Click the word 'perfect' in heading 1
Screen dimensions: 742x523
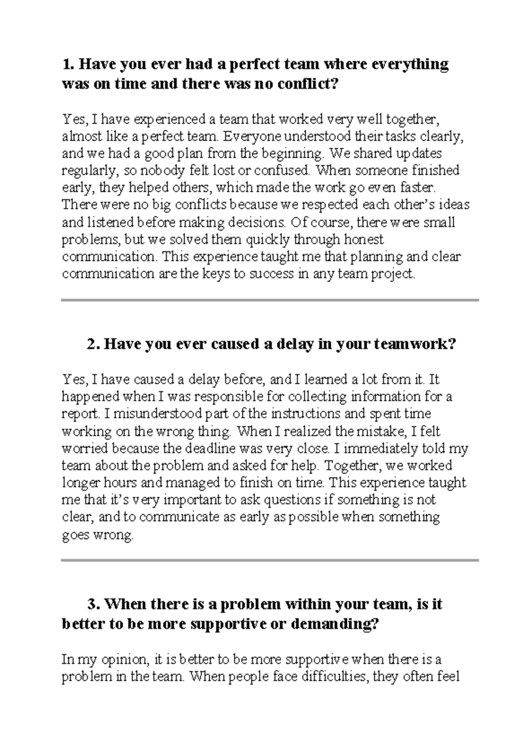pos(254,65)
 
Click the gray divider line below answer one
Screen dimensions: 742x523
pos(270,300)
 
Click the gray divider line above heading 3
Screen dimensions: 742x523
pos(270,560)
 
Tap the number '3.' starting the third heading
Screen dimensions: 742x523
pos(94,604)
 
